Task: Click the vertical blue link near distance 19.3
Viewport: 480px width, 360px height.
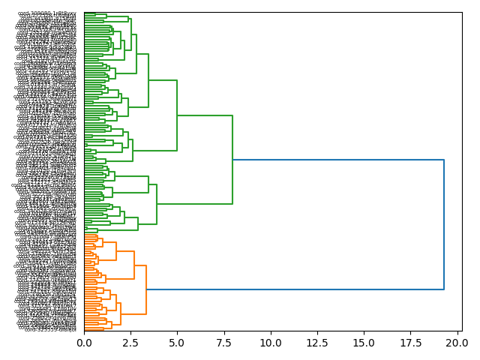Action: click(444, 225)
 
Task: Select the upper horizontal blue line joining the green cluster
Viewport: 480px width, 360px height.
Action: click(337, 160)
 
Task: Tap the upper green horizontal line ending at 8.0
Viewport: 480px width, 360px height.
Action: click(205, 115)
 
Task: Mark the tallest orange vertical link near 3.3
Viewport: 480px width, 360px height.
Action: click(146, 289)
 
